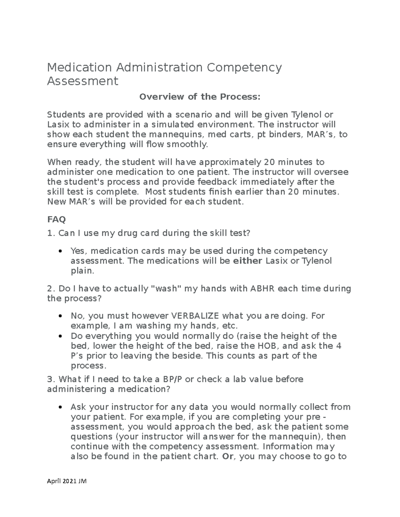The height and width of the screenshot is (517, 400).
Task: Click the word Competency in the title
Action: click(244, 68)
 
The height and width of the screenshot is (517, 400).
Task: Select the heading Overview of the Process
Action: click(199, 97)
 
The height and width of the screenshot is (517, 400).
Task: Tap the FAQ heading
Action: click(56, 220)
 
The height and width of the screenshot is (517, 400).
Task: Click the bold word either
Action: click(247, 261)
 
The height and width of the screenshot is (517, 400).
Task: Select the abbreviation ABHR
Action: click(262, 288)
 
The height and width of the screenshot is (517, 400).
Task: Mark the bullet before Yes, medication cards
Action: click(60, 251)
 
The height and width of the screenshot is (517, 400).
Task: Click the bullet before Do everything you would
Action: click(60, 336)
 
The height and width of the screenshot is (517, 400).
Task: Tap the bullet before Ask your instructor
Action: click(60, 407)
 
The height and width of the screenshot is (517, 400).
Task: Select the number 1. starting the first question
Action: click(51, 233)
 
